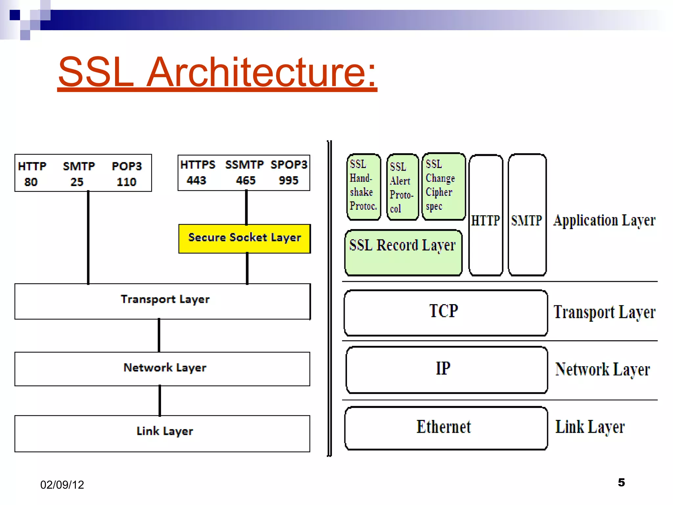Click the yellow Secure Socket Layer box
pos(244,238)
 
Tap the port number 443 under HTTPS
pos(196,180)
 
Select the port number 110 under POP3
pos(126,182)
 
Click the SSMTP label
pos(244,164)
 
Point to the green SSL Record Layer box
pos(403,252)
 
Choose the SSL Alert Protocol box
pos(402,187)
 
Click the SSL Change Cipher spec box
pos(443,186)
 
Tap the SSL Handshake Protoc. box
pos(363,186)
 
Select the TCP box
pos(445,312)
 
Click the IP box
pos(446,370)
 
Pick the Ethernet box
pos(446,428)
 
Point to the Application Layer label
pos(604,220)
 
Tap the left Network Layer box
pos(162,369)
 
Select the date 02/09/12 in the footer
pos(62,485)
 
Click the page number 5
pos(621,482)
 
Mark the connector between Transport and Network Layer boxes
pos(159,335)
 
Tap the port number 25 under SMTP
pos(77,182)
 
